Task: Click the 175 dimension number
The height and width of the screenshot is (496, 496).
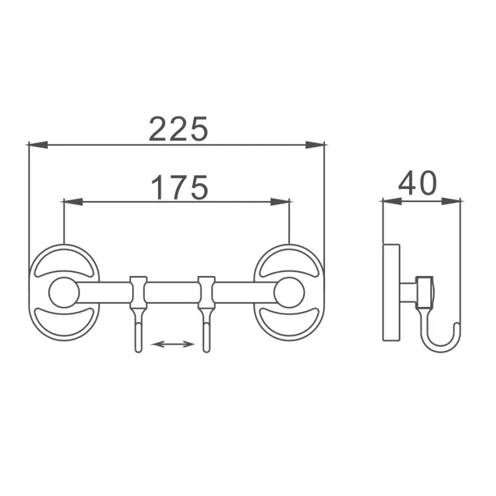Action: pos(179,187)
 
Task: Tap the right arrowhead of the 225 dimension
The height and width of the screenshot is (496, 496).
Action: pos(317,145)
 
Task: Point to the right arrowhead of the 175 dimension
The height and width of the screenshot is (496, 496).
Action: pos(282,201)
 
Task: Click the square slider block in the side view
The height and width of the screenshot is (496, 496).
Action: pos(423,291)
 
